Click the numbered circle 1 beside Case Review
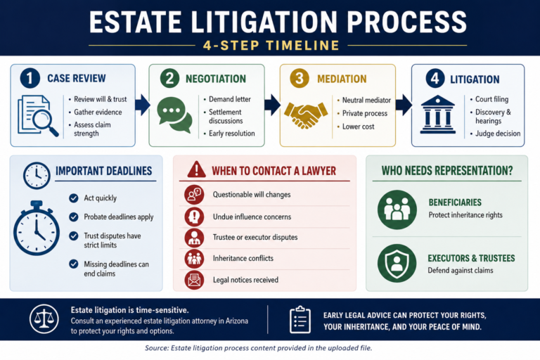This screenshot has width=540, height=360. (30, 78)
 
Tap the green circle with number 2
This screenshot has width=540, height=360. (169, 78)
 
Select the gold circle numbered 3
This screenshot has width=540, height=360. (300, 78)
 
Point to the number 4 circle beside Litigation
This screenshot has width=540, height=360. (435, 78)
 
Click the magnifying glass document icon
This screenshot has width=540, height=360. (38, 116)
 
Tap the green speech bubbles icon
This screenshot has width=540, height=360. (174, 115)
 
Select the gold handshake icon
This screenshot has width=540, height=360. (306, 114)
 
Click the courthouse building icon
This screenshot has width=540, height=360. (438, 115)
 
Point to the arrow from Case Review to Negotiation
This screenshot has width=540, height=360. (142, 104)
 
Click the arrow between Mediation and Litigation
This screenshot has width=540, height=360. (404, 104)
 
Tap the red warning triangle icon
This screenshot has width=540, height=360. (197, 169)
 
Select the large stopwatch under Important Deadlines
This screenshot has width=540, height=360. (37, 228)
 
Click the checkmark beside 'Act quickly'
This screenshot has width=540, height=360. (73, 198)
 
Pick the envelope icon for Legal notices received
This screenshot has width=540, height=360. (194, 280)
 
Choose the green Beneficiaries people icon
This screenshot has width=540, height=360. (397, 210)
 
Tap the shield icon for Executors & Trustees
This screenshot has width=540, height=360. (397, 264)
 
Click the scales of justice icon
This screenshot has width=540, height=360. (44, 319)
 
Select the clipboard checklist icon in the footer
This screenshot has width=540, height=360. (300, 319)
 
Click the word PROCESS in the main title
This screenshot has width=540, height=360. (406, 22)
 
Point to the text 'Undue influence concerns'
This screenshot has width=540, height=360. (252, 217)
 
